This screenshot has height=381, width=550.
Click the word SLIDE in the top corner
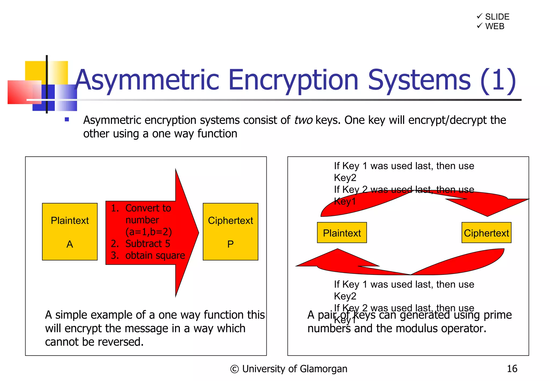(x=497, y=17)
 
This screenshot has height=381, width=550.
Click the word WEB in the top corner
(x=495, y=26)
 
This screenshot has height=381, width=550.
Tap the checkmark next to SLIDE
(x=479, y=16)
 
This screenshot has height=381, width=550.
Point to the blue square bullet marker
(x=67, y=120)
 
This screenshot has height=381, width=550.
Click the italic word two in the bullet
(x=303, y=120)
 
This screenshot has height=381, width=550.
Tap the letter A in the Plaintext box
(x=70, y=244)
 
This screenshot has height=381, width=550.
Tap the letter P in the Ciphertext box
(x=230, y=244)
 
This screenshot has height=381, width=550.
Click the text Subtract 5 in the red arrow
(x=148, y=244)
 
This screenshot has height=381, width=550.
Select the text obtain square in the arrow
(x=155, y=256)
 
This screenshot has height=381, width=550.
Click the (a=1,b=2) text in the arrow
(x=149, y=232)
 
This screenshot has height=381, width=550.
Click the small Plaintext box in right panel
(x=342, y=233)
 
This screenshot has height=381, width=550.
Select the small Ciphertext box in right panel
(x=486, y=233)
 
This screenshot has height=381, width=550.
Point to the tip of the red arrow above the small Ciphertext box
(x=487, y=215)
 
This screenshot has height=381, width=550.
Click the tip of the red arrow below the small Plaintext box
(x=337, y=249)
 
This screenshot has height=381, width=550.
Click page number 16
(x=512, y=369)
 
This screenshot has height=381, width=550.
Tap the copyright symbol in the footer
(x=234, y=369)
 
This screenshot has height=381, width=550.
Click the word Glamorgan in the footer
(x=323, y=369)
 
